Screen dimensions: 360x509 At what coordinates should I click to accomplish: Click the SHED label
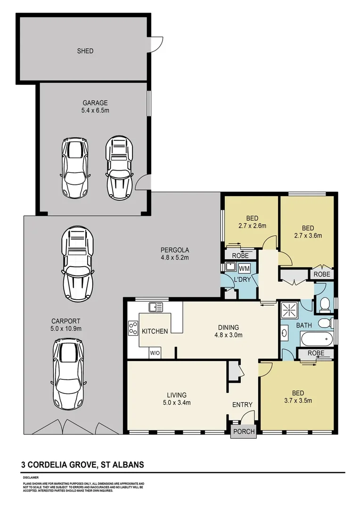(x=85, y=51)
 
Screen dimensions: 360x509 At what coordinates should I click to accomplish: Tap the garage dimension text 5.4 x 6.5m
(x=95, y=110)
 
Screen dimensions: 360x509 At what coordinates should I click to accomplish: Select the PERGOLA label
(x=175, y=250)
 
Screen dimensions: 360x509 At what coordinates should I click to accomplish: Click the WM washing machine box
(x=244, y=269)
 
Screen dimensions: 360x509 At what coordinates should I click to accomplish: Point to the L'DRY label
(x=243, y=279)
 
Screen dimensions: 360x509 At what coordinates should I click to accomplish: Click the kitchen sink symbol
(x=156, y=306)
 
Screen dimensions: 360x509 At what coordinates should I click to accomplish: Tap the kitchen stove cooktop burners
(x=133, y=328)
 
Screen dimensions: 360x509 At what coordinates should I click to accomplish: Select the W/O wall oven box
(x=155, y=353)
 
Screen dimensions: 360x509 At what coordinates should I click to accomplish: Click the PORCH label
(x=244, y=431)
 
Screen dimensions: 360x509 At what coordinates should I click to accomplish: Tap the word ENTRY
(x=242, y=404)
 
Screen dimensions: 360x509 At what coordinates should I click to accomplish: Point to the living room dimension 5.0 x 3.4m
(x=177, y=403)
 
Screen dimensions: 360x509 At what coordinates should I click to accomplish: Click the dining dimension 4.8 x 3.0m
(x=229, y=335)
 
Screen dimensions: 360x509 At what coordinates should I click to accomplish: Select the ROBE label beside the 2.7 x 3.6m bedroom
(x=322, y=274)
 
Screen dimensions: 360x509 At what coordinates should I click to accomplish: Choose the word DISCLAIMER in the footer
(x=31, y=477)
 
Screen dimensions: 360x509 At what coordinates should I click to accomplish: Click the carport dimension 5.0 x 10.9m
(x=66, y=328)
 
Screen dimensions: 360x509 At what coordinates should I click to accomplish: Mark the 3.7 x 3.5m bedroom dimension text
(x=298, y=401)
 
